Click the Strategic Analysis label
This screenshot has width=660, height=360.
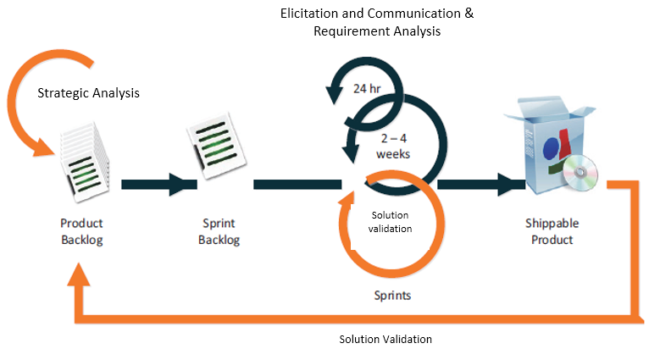point(88,93)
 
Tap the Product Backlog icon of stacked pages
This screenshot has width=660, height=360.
point(84,162)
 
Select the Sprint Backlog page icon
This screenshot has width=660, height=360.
point(216,145)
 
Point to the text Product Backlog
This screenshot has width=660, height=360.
point(81,231)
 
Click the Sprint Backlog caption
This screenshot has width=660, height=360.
point(219,231)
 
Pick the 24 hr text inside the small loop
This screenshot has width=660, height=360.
point(367,88)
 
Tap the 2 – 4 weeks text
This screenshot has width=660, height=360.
point(393,146)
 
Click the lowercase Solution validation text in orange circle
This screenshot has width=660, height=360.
point(391,222)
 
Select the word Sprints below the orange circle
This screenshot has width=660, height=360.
point(392,295)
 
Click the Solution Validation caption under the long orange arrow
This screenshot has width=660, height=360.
point(385,340)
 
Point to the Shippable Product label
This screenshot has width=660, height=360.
point(552,231)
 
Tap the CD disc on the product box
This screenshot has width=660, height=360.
point(580,173)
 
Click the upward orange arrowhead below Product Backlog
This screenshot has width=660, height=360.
point(79,274)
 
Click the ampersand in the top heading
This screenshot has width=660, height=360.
point(469,14)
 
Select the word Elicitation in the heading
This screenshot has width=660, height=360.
point(309,14)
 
